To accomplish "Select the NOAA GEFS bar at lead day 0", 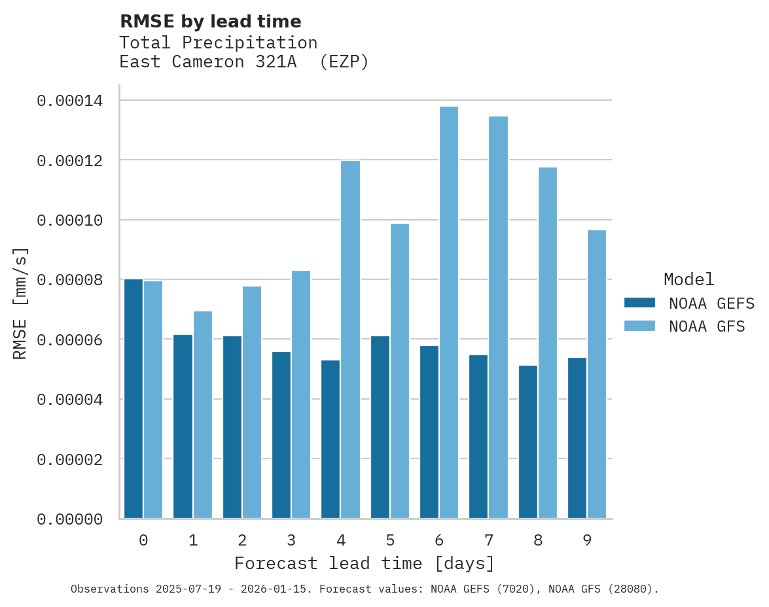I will (134, 399).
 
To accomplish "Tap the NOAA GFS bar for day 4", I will (350, 339).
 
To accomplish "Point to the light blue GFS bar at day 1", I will (202, 415).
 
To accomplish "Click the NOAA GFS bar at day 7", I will (498, 317).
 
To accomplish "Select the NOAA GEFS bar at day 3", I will (281, 435).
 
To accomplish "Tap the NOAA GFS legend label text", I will (707, 326).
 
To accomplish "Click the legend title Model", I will (689, 279).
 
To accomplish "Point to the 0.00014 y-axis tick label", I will (69, 101).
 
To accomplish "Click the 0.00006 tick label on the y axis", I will (69, 339).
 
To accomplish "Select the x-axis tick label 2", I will (242, 540).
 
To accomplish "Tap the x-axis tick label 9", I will (587, 540).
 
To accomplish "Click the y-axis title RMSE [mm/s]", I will (20, 303).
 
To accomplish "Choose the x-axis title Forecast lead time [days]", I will (365, 563).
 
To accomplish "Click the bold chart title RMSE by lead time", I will (210, 22).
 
